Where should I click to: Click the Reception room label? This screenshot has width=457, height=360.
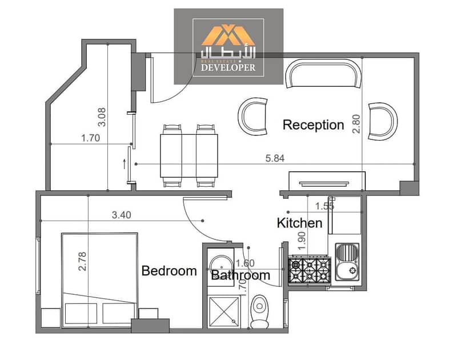coord(313,125)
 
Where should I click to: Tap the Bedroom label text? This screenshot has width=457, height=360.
coord(169,271)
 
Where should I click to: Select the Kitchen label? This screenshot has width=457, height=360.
coord(299,223)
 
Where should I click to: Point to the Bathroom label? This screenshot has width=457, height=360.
coord(240,275)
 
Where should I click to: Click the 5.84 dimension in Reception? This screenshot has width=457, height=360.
coord(275,158)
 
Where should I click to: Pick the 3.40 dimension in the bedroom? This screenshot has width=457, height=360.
coord(122,215)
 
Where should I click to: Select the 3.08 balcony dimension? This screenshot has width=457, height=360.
coord(102,117)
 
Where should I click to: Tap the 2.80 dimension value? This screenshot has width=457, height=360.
coord(356,124)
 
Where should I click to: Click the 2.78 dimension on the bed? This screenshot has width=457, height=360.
coord(82,262)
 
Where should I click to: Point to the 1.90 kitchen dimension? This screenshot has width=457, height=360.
coord(302,241)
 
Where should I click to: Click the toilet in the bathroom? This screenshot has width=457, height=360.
coord(259,311)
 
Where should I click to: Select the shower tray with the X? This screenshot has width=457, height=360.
coord(224,311)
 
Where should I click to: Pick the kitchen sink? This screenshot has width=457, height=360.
coord(347,262)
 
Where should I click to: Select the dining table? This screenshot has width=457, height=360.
coord(189,155)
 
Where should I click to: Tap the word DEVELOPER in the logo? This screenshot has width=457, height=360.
coord(228,67)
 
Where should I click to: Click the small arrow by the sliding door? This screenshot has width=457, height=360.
coord(125,163)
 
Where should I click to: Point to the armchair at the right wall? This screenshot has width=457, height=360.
coord(383,121)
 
